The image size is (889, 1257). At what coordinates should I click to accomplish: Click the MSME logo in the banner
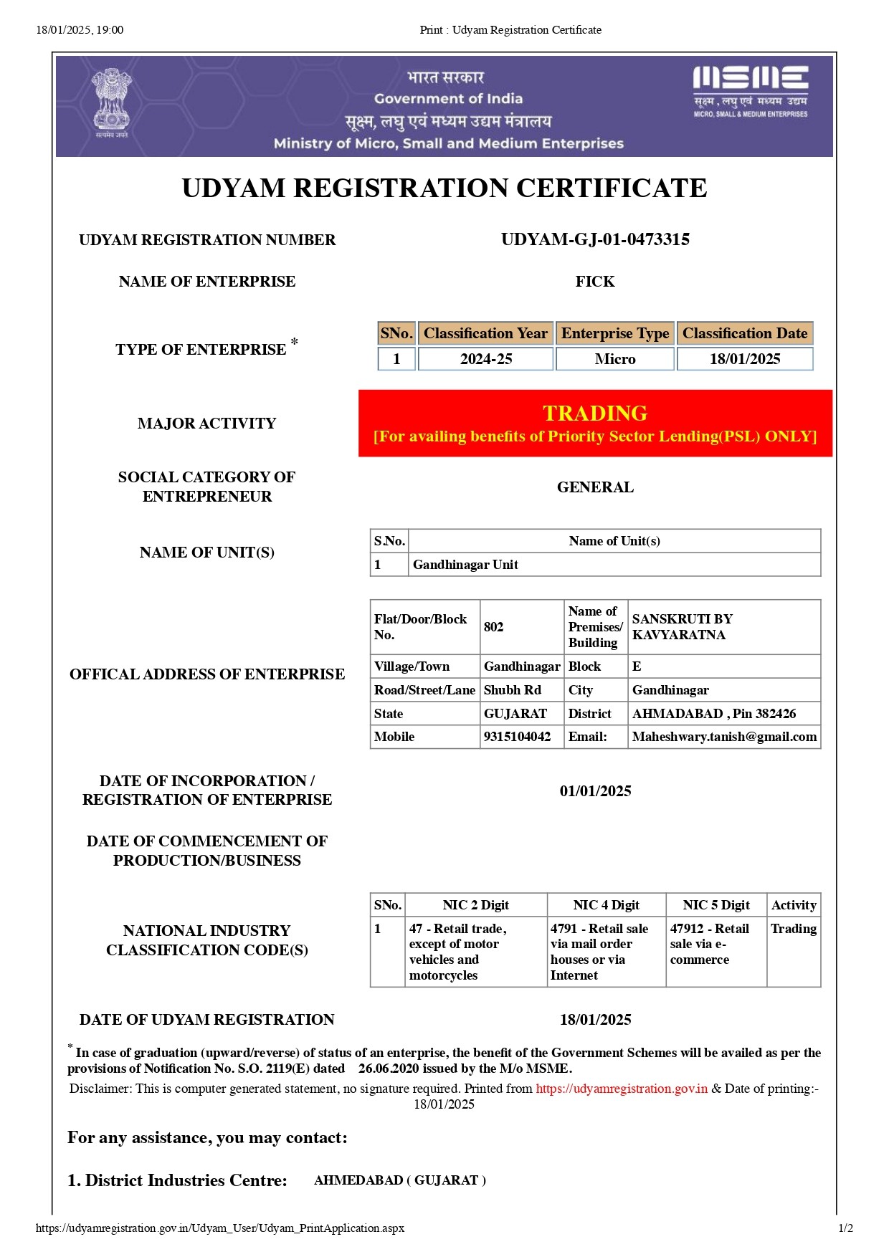click(x=750, y=92)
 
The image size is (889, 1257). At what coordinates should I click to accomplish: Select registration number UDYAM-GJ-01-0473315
click(x=595, y=239)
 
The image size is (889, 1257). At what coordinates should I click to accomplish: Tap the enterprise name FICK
click(x=595, y=282)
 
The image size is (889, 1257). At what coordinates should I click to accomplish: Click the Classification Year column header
click(x=485, y=333)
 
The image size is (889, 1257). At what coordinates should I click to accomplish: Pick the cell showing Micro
click(x=615, y=359)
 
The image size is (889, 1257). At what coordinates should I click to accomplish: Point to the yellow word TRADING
click(x=595, y=413)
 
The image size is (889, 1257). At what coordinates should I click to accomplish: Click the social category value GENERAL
click(x=595, y=487)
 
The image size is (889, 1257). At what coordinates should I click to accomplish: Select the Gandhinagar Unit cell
click(x=466, y=565)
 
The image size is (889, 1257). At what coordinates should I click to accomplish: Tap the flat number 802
click(x=494, y=627)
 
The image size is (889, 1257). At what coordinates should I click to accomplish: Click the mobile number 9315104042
click(x=518, y=737)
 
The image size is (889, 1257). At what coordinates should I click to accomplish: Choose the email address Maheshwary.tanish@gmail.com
click(x=724, y=737)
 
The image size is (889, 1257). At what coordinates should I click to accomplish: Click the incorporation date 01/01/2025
click(x=595, y=791)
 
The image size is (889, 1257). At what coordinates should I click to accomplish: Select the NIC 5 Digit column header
click(x=716, y=905)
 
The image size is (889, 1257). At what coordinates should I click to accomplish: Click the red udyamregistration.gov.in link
click(x=622, y=1089)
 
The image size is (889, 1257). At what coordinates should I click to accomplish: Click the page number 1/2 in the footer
click(x=846, y=1228)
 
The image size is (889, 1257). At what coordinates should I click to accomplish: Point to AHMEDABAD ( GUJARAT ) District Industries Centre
click(x=400, y=1180)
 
